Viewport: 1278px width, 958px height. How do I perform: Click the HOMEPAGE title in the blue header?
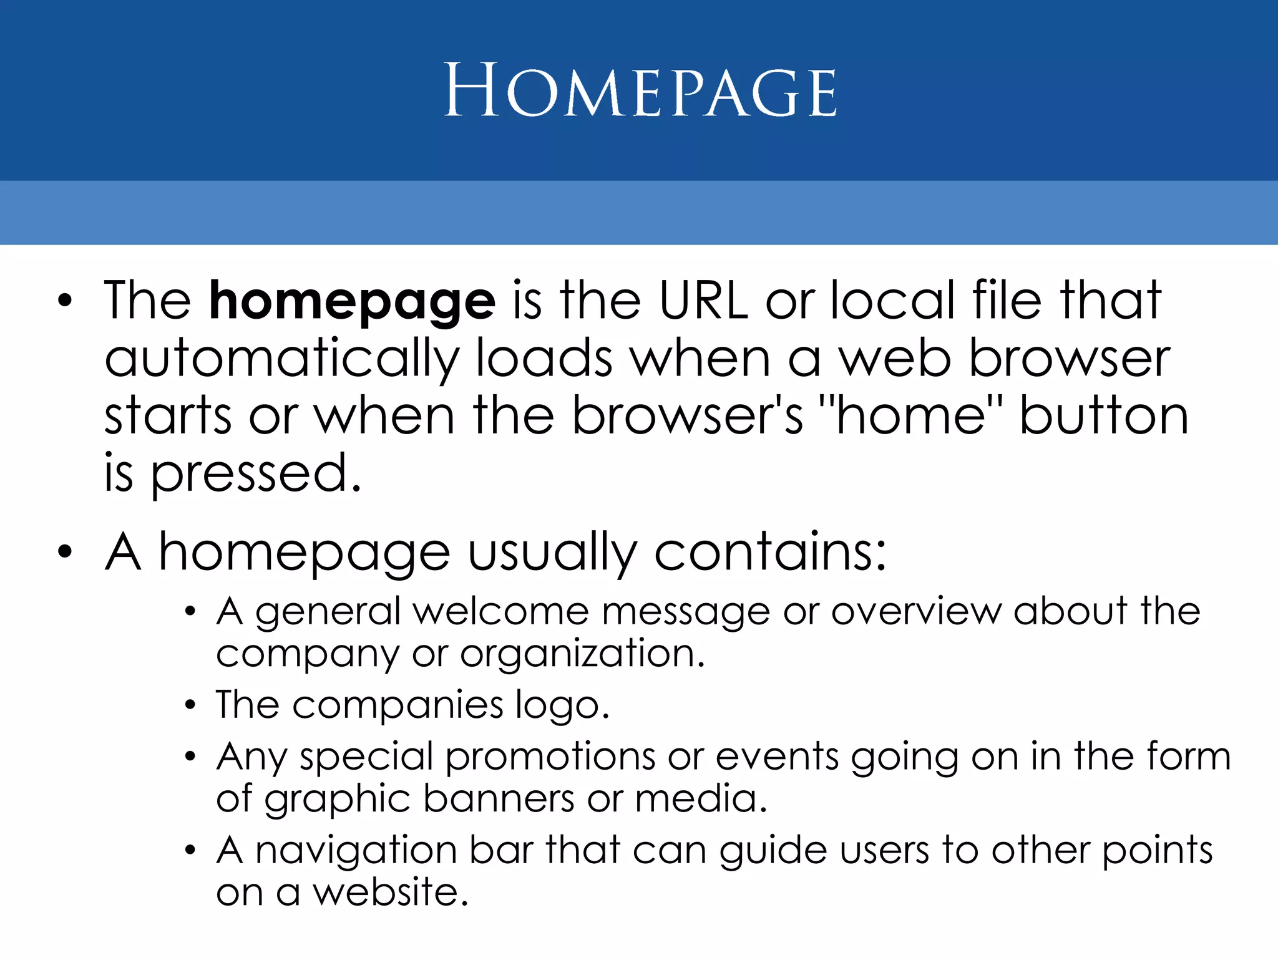(640, 92)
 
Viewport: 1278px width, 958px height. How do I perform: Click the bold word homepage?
(352, 301)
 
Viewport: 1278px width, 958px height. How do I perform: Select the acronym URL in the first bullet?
(703, 301)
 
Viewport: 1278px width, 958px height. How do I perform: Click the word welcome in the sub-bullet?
(500, 611)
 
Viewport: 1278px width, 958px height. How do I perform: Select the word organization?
(582, 654)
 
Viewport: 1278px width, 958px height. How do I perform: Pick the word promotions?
(550, 757)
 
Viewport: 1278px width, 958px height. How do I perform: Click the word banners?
(498, 799)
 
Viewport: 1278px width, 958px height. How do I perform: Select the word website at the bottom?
(389, 893)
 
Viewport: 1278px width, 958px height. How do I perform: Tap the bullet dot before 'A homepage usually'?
(65, 553)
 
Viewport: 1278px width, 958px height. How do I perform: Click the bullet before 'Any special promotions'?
(190, 757)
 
